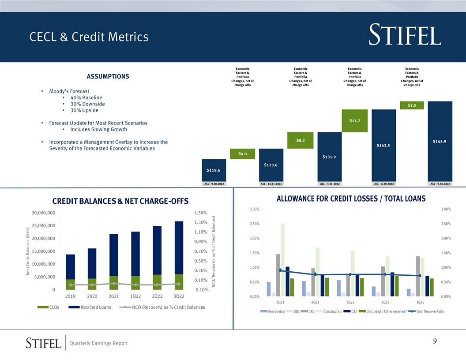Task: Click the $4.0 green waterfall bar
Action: click(243, 154)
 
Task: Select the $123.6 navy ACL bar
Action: click(271, 165)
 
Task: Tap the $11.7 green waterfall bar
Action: click(354, 120)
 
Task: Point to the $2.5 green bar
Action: click(412, 105)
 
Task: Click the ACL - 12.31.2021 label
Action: click(271, 184)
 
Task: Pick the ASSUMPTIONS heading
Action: click(108, 76)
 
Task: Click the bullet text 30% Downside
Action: click(87, 104)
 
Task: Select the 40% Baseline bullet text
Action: click(86, 97)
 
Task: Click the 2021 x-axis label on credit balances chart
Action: click(113, 296)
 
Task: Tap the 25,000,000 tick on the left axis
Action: click(43, 226)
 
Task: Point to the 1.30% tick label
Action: click(201, 222)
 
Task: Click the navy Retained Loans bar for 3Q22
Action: click(179, 248)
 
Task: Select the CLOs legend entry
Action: click(49, 307)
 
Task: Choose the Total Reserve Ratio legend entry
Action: click(426, 311)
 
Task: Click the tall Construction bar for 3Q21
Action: click(282, 260)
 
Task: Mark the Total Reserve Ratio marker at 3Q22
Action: click(420, 276)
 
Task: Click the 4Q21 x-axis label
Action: click(315, 302)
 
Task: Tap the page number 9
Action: click(435, 341)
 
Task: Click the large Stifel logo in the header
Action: click(405, 35)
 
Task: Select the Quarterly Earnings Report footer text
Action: click(98, 343)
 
